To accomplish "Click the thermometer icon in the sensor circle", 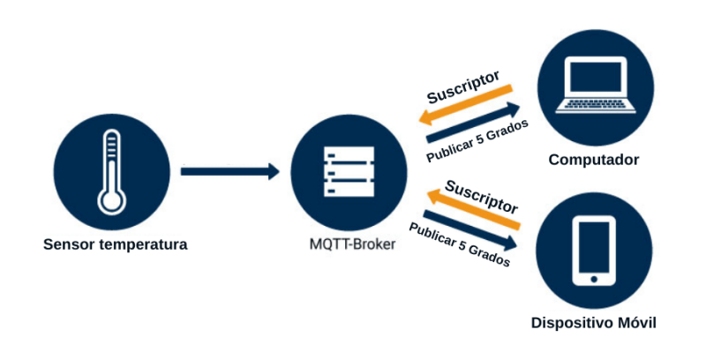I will point(110,171).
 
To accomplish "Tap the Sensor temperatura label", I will point(115,244).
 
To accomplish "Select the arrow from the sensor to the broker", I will point(229,171).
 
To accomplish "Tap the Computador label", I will point(593,160).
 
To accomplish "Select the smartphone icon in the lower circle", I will point(594,251).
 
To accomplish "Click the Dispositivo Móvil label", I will point(594,322).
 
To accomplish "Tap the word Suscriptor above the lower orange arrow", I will point(481,197).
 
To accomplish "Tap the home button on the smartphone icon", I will point(594,279).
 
